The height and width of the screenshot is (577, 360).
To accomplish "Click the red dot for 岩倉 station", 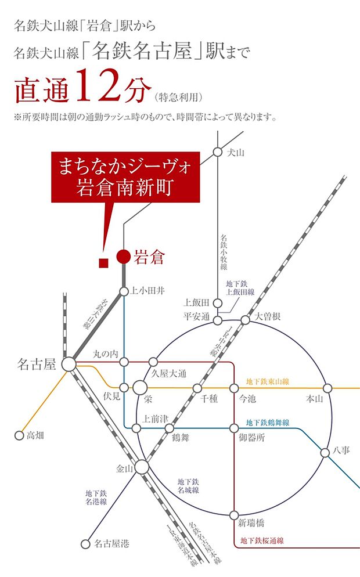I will coord(123,256).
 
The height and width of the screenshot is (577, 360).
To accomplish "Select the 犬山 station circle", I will coord(217,152).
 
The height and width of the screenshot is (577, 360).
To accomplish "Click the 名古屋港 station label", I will coord(112,544).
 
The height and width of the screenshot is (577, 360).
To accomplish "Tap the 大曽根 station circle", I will coord(245,319).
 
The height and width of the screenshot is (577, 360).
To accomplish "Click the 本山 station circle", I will coord(327,387).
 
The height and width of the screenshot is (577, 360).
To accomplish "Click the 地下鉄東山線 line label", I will coord(268,381).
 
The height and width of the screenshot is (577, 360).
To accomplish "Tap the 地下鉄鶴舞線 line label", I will coord(268,423).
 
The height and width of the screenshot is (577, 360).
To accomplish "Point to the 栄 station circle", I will coord(140,387).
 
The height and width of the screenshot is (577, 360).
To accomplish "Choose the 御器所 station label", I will coord(251,438).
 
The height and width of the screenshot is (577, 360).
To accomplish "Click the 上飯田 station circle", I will coord(217,303).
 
